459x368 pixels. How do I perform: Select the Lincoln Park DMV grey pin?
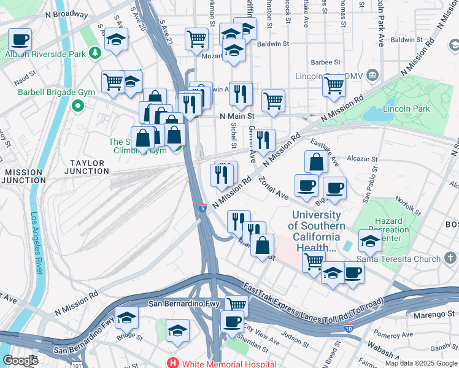pos(372,75)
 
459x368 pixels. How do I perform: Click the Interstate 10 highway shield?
pos(348,329)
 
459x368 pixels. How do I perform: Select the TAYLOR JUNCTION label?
pos(89,167)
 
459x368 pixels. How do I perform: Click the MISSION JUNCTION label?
pos(23,176)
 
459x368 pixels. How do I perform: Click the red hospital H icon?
pos(174,362)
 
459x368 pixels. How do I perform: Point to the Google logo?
pos(20,361)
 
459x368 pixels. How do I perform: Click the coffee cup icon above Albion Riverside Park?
pos(20,40)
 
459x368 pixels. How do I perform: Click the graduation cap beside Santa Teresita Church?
pos(370,241)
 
